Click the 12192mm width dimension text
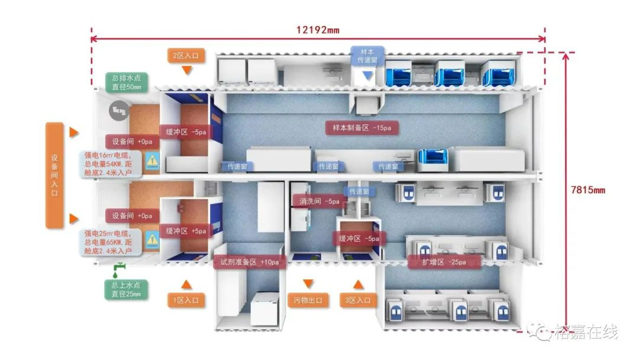point(318,30)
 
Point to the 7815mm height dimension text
point(588,189)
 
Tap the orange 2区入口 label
point(186,56)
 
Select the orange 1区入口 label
point(186,300)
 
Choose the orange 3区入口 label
point(358,300)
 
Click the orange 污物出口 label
point(308,300)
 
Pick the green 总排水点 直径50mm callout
point(127,82)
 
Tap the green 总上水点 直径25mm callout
point(127,289)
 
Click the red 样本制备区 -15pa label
point(362,128)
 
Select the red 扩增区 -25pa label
point(444,262)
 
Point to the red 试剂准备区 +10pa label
point(250,262)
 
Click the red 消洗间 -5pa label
point(319,201)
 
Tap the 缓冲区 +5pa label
point(186,231)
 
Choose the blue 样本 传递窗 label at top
point(367,56)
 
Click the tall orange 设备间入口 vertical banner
point(54,175)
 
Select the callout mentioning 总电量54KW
point(111,164)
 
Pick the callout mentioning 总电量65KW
point(111,242)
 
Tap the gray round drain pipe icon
point(119,110)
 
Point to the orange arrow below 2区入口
point(186,70)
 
